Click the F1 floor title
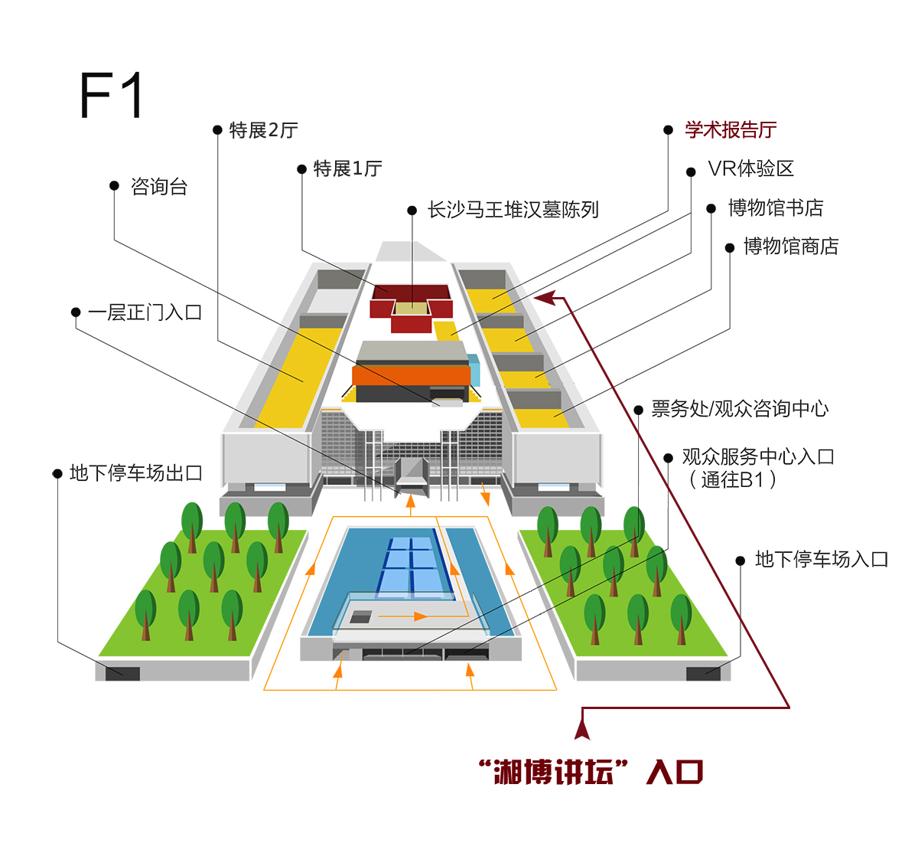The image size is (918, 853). [111, 95]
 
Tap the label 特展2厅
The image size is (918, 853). [263, 130]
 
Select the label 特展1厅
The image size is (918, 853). [347, 168]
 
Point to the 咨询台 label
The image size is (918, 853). [158, 187]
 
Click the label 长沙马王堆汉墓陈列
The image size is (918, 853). [513, 210]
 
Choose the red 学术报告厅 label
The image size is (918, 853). [731, 129]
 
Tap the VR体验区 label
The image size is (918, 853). [750, 168]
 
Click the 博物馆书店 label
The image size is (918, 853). [776, 208]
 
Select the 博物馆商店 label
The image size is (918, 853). [791, 247]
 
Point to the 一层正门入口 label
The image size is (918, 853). [145, 312]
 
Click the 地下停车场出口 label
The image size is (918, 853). [136, 473]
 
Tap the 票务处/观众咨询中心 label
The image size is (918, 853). [740, 409]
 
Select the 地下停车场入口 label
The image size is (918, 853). [822, 559]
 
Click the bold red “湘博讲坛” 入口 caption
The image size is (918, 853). [591, 772]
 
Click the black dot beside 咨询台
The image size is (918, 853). [114, 185]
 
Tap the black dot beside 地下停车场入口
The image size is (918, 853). [740, 560]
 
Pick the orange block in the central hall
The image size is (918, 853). [411, 375]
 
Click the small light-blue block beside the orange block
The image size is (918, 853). [474, 370]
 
